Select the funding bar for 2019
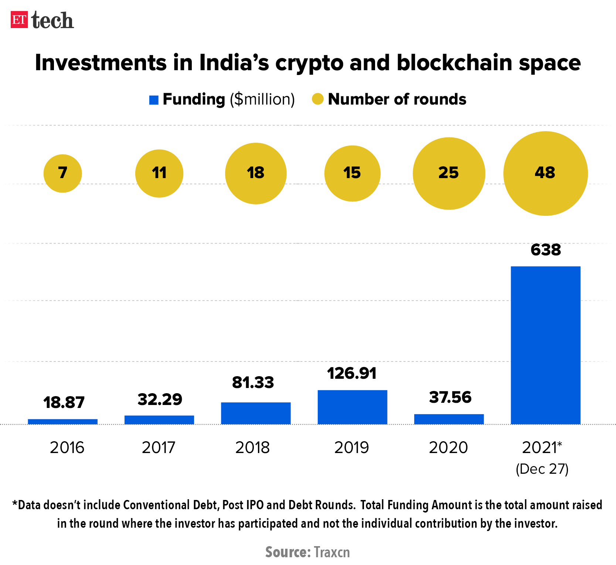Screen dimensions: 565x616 352,407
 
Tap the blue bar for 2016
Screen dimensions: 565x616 63,422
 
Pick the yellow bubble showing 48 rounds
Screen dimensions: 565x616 545,173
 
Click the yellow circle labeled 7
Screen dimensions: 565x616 63,173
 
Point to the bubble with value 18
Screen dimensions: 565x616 256,173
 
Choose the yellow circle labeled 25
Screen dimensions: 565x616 449,173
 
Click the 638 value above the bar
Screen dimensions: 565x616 545,250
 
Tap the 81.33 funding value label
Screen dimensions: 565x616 253,382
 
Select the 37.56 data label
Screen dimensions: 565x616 450,397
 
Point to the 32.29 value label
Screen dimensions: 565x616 160,399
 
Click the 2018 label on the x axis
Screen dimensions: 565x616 253,447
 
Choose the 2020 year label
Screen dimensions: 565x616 448,447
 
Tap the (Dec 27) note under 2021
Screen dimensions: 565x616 542,469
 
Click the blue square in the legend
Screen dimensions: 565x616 154,100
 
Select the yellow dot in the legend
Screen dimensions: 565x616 318,99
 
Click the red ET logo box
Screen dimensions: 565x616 19,20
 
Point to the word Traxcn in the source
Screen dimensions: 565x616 331,552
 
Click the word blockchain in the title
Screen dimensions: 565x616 455,62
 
